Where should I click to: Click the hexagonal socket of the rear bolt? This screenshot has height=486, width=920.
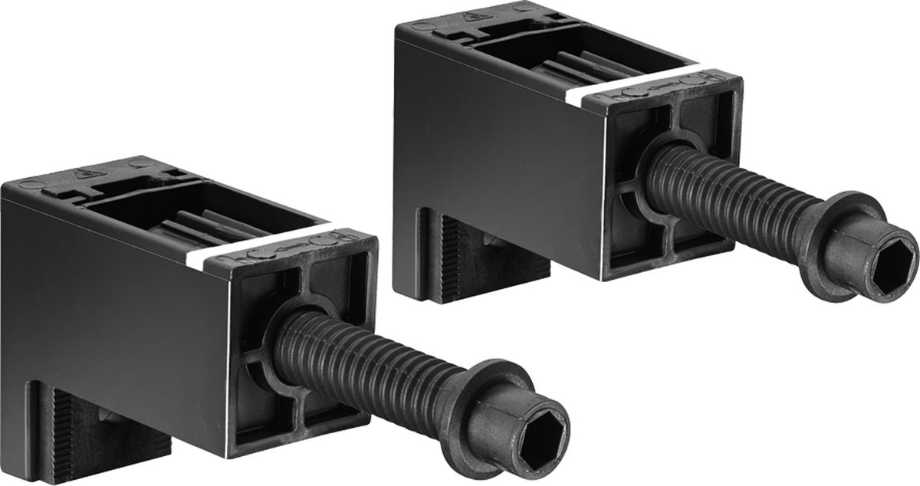coord(896,256)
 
